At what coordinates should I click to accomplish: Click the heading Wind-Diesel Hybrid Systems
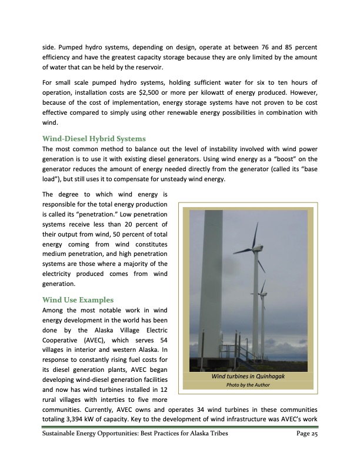coord(94,139)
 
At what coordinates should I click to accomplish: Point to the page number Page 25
coord(304,434)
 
